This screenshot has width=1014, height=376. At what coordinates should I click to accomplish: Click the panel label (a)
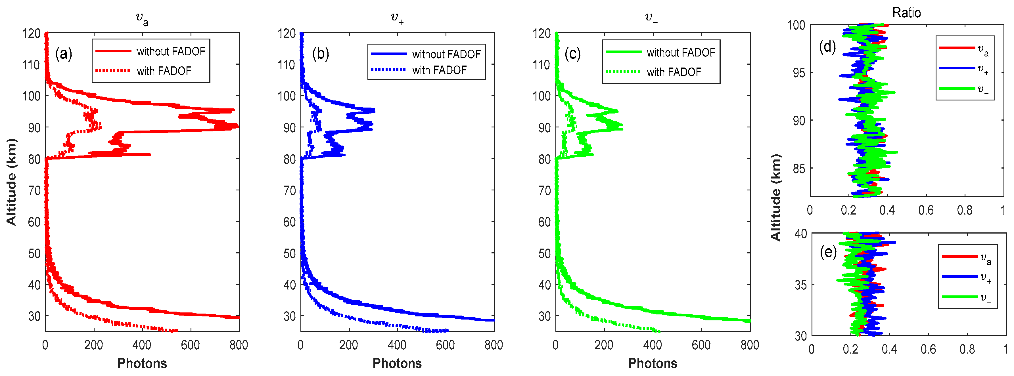63,53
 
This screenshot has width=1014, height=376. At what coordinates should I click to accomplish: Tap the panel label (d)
827,47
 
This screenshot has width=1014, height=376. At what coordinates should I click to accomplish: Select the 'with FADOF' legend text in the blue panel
439,70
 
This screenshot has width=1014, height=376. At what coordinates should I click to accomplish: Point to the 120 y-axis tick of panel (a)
32,33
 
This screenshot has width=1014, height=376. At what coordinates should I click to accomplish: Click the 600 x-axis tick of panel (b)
445,345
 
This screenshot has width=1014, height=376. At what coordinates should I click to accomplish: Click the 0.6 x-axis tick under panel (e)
928,349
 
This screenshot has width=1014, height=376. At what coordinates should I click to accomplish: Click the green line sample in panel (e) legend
960,297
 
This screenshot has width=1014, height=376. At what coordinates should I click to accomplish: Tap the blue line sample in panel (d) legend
957,68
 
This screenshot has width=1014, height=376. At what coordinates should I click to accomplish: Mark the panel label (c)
572,53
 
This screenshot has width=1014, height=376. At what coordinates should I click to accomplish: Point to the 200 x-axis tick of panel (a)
93,345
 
